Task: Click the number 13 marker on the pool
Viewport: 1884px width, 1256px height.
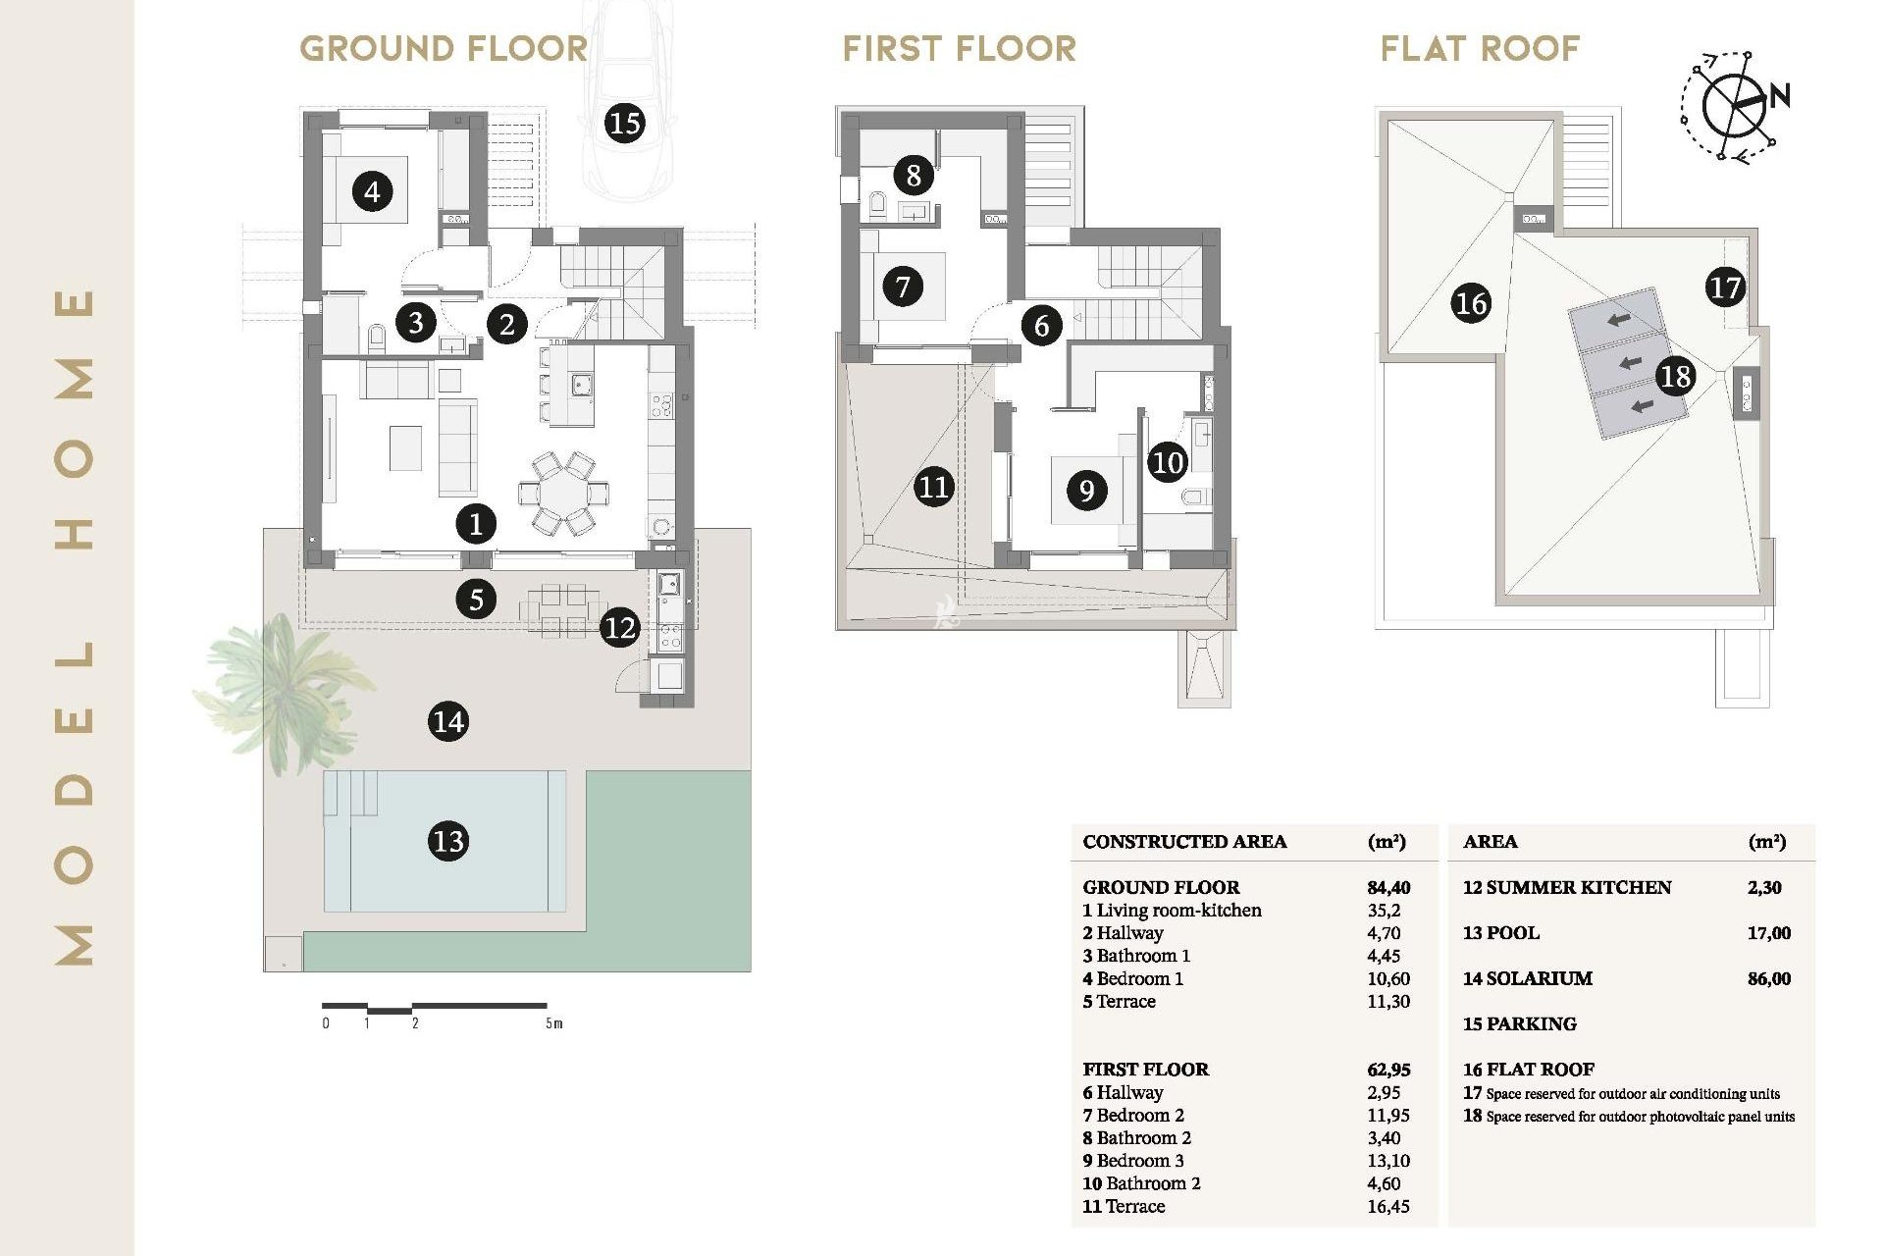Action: click(448, 841)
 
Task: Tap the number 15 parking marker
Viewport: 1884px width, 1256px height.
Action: click(624, 123)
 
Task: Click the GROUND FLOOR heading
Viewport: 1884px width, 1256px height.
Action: click(444, 48)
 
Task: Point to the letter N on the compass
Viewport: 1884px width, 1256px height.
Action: click(1779, 95)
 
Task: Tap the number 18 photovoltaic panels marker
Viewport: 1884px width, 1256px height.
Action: click(1675, 376)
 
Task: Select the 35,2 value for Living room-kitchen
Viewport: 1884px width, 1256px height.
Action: click(1384, 910)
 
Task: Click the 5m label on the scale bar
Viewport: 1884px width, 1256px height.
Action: click(554, 1023)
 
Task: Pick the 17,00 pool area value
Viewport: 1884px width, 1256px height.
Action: click(1768, 933)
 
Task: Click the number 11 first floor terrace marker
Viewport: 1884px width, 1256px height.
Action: click(933, 487)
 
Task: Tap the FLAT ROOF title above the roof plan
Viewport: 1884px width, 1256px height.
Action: click(1480, 48)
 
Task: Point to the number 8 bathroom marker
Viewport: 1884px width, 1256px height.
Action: click(914, 176)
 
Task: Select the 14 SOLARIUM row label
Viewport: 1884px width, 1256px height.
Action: click(1528, 978)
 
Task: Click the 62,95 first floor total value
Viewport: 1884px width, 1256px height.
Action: click(1388, 1070)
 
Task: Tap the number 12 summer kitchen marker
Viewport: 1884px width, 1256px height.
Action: click(620, 627)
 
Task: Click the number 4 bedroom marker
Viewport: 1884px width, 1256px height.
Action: click(372, 191)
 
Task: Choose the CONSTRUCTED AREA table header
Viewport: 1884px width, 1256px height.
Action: click(1184, 842)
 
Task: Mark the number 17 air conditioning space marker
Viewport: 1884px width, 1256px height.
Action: click(1724, 288)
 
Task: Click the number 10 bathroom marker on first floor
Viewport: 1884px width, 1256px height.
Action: click(1168, 462)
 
